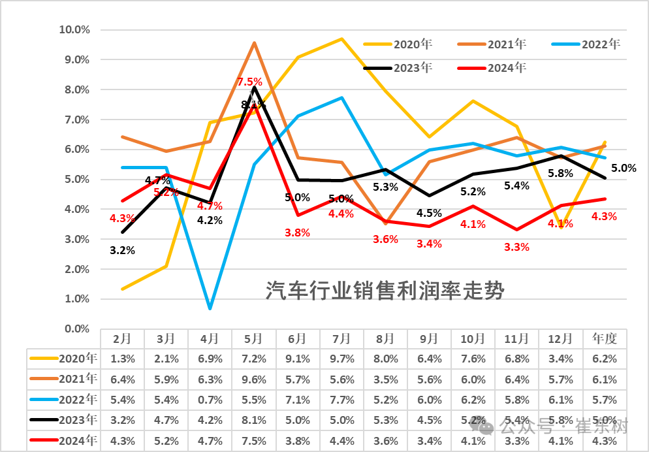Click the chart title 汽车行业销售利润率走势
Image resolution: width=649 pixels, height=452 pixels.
pos(385,290)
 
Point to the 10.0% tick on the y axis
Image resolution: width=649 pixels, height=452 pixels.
pos(74,29)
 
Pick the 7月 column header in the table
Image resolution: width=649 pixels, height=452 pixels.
pos(341,338)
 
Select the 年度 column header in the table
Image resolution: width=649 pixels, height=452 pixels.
pos(605,338)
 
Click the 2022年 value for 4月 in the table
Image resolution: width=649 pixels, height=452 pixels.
pos(210,398)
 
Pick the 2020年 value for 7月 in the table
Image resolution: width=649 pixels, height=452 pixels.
pos(341,358)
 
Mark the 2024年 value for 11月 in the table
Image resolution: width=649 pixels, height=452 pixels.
pos(516,440)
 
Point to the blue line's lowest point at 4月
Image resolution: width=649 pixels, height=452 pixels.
pos(210,308)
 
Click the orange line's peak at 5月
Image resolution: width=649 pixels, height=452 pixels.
pos(254,43)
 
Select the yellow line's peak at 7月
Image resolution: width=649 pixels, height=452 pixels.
pos(341,39)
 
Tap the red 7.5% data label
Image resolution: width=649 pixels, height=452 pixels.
pos(249,82)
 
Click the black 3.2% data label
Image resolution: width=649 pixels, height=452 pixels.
pos(122,250)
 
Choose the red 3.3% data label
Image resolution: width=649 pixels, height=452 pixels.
pos(516,247)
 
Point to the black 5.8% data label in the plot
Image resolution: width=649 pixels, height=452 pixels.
pos(560,173)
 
